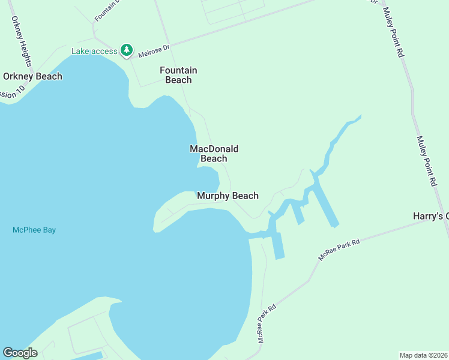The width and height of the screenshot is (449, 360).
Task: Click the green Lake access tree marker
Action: click(x=126, y=50)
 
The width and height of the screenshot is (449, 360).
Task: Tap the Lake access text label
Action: click(x=94, y=51)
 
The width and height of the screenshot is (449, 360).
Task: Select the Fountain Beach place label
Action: click(x=178, y=75)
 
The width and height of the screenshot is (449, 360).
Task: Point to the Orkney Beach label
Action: click(x=32, y=76)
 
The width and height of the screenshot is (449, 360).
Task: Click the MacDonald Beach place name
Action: click(x=214, y=154)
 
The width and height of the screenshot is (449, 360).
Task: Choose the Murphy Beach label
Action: click(x=228, y=196)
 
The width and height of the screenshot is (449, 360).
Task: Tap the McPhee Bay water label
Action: click(x=34, y=230)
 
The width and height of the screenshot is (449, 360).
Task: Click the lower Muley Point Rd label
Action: click(x=427, y=160)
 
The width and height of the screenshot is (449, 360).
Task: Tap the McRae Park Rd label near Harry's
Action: click(x=339, y=250)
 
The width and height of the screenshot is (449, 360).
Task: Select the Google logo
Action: click(x=20, y=353)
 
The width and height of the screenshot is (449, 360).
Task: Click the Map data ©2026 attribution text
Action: click(x=423, y=355)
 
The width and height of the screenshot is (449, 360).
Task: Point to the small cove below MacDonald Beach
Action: click(x=207, y=178)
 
